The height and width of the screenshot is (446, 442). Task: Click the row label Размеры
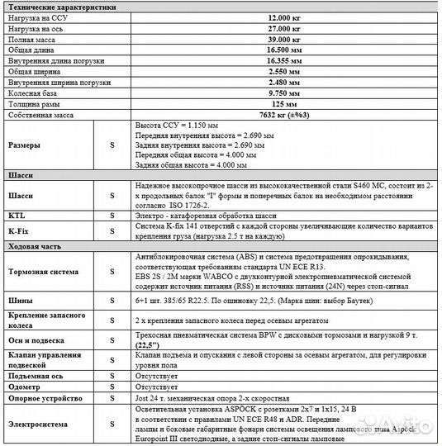pos(23,145)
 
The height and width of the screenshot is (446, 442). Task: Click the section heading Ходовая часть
pos(32,246)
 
